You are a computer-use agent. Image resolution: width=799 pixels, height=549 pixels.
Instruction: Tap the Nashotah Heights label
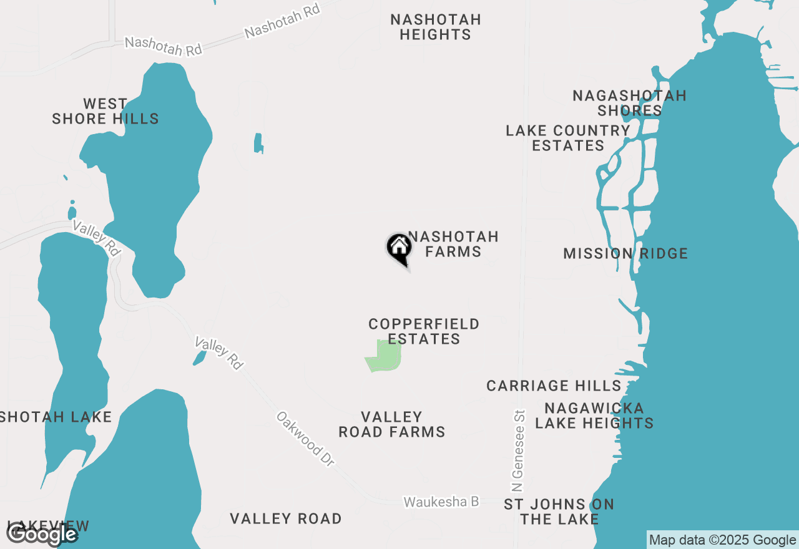436,27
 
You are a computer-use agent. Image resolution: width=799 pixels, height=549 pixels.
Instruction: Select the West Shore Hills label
105,111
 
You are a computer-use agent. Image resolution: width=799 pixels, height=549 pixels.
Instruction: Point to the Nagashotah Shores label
629,103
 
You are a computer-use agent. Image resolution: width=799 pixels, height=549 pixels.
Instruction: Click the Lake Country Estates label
568,138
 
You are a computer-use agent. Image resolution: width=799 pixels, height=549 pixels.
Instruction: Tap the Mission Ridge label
625,253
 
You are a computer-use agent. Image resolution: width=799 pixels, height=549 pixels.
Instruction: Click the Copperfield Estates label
424,331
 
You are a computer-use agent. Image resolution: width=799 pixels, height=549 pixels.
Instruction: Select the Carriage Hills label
554,386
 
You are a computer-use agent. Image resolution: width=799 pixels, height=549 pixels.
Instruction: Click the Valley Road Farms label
392,424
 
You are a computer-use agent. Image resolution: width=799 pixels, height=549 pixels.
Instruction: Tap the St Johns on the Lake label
559,512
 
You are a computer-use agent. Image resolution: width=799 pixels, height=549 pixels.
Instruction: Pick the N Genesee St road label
517,450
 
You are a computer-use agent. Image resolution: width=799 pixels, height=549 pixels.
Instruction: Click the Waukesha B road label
441,502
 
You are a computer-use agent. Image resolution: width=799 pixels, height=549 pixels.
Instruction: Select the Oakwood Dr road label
306,438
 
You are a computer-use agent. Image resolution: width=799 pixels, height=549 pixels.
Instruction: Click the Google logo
42,535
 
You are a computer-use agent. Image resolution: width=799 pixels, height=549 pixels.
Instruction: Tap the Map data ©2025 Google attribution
722,540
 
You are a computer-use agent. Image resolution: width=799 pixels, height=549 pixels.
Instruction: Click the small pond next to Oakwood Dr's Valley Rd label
199,357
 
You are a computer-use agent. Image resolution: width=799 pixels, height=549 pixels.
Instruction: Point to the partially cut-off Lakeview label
48,527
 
